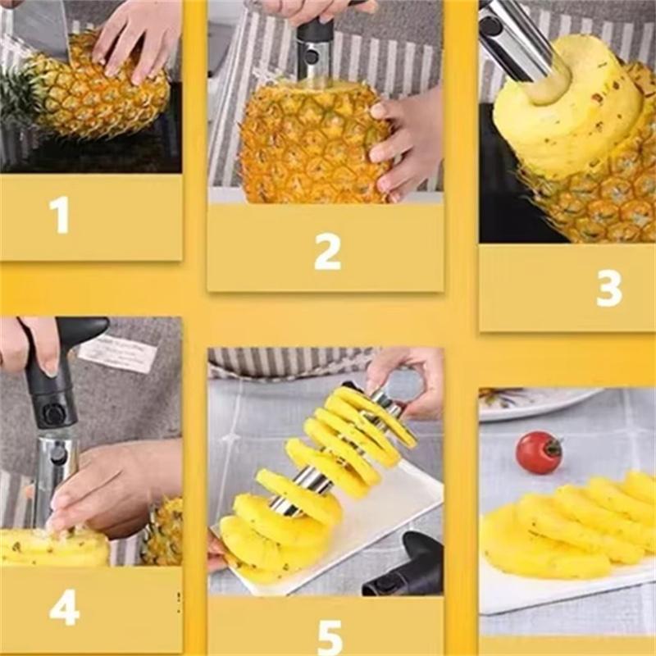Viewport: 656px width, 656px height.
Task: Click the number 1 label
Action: pyautogui.click(x=59, y=215)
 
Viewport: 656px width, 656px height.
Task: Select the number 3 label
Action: pyautogui.click(x=608, y=289)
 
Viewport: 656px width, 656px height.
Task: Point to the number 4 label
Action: pyautogui.click(x=64, y=607)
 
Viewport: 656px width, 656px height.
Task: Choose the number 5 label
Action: pyautogui.click(x=330, y=636)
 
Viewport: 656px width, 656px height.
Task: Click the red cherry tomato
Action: pyautogui.click(x=539, y=452)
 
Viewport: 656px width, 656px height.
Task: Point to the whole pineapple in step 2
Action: pyautogui.click(x=312, y=143)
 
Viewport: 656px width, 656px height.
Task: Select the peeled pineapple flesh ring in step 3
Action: pyautogui.click(x=566, y=115)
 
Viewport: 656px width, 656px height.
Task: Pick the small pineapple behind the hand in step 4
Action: pyautogui.click(x=164, y=533)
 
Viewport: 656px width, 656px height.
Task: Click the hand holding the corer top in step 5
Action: pyautogui.click(x=410, y=373)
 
